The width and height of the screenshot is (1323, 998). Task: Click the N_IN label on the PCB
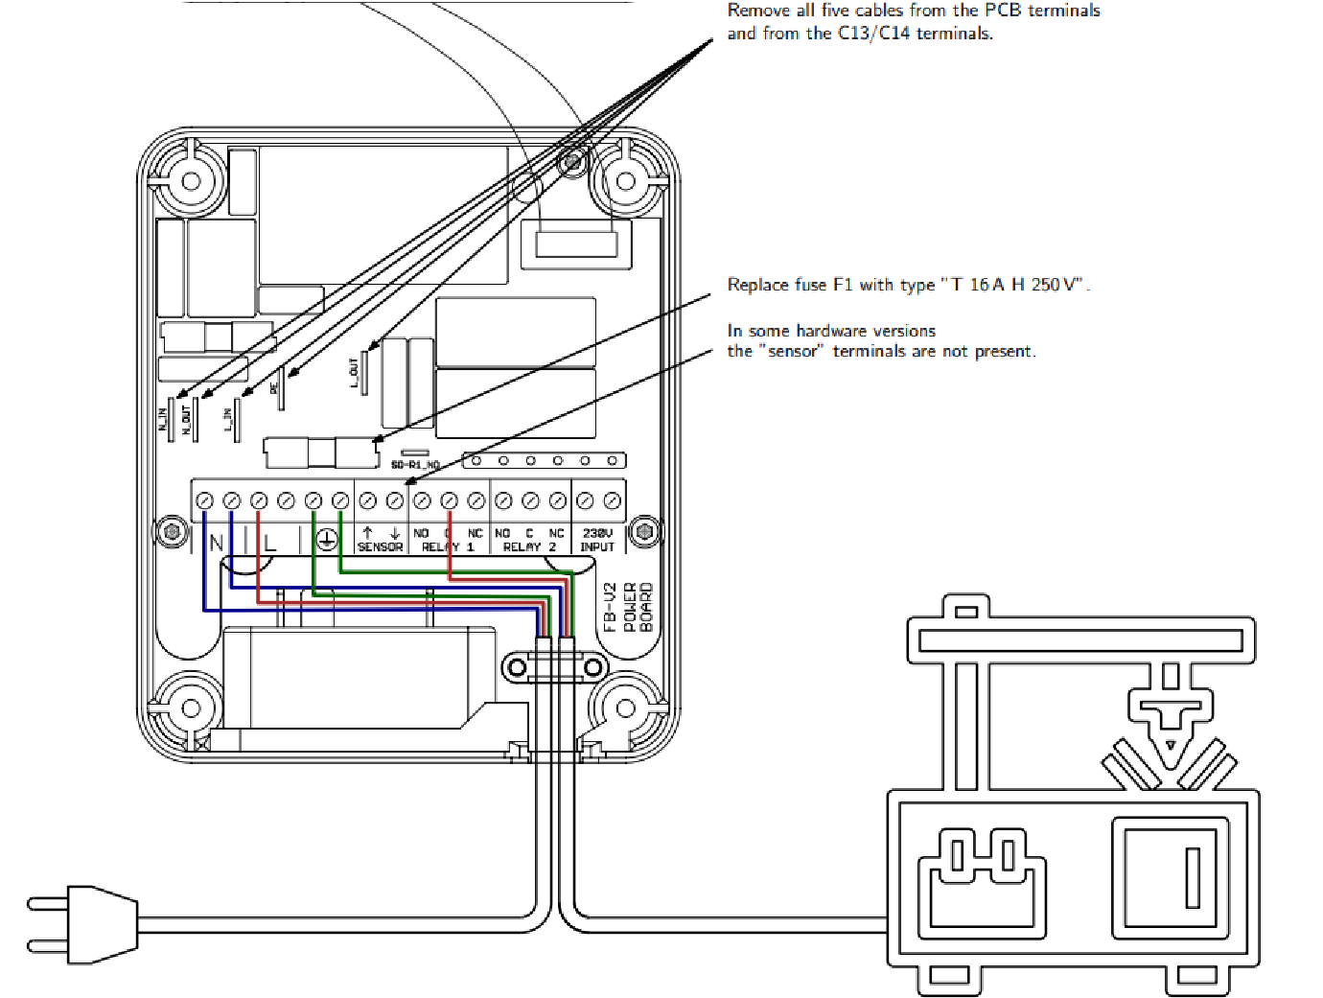click(162, 419)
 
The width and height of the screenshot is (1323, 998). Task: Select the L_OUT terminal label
click(354, 372)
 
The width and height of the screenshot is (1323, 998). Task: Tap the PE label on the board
click(273, 387)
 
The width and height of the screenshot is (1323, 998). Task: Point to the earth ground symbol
click(327, 540)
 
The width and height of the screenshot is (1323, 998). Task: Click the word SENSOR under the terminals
click(380, 547)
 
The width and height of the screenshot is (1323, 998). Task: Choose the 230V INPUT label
click(597, 540)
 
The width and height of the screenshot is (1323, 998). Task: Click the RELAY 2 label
click(529, 547)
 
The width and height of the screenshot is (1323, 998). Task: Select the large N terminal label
click(216, 543)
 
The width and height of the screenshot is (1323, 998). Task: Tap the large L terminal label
click(269, 543)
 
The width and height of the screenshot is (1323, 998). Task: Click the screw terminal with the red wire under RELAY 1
click(449, 501)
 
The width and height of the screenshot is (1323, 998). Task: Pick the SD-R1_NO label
click(415, 465)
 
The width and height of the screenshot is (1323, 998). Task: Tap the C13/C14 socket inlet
click(982, 877)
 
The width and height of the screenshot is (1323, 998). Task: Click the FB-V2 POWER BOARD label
click(629, 607)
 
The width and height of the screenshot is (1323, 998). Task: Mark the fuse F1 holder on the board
click(321, 451)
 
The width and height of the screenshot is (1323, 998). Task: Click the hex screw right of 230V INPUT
click(644, 530)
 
